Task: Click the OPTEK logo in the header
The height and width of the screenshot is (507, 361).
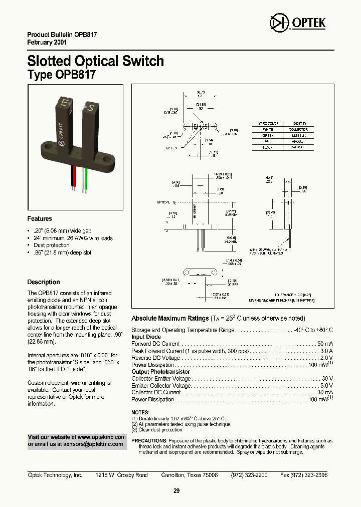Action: (x=297, y=23)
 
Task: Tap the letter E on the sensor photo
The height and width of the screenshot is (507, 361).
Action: (x=64, y=103)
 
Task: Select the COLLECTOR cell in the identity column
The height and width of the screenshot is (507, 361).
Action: (x=299, y=129)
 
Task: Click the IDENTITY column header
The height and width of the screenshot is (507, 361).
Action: (x=299, y=123)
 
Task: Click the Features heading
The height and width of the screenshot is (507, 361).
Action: (x=40, y=219)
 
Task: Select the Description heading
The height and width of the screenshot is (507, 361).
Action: (x=44, y=282)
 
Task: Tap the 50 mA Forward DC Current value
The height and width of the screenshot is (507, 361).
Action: (x=325, y=344)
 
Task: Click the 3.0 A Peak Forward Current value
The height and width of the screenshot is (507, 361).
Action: (x=326, y=351)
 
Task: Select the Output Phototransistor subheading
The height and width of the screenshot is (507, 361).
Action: (x=160, y=372)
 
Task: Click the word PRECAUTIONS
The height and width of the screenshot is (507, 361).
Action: (x=149, y=441)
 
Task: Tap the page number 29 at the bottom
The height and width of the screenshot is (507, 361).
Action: (x=176, y=491)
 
